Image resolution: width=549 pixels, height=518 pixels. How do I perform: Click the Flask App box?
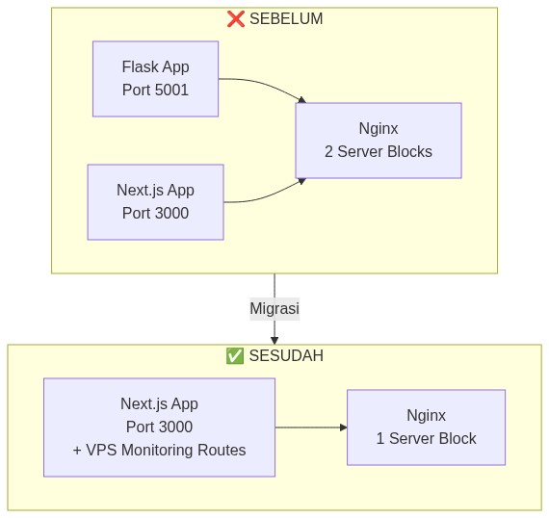pos(155,79)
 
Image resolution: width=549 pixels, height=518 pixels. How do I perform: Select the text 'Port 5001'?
pos(155,91)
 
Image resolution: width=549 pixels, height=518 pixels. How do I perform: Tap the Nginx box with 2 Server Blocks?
pos(378,141)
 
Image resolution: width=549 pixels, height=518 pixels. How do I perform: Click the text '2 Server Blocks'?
pos(378,152)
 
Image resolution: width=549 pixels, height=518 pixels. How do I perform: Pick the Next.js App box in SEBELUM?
pos(155,202)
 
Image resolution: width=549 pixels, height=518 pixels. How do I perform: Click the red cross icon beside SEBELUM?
pos(235,19)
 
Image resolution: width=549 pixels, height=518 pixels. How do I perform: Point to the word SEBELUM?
pos(287,19)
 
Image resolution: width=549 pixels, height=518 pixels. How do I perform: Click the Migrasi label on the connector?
pos(274,309)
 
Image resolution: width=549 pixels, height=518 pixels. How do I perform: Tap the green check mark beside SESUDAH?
pos(234,356)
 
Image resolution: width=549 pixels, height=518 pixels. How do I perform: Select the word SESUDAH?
pos(286,356)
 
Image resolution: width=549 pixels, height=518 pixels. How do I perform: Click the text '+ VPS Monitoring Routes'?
pos(159,451)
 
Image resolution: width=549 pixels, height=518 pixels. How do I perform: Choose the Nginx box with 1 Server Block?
pos(426,427)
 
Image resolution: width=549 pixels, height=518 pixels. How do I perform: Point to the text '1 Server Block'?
pos(426,439)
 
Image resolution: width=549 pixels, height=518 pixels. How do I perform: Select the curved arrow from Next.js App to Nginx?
pos(265,196)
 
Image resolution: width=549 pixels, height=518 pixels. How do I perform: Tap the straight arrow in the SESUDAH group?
pos(310,427)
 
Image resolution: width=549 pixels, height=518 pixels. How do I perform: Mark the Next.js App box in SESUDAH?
pos(159,427)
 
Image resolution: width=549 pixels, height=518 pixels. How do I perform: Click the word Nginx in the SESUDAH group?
pos(426,416)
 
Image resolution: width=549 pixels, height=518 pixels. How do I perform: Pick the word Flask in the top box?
pos(139,67)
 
